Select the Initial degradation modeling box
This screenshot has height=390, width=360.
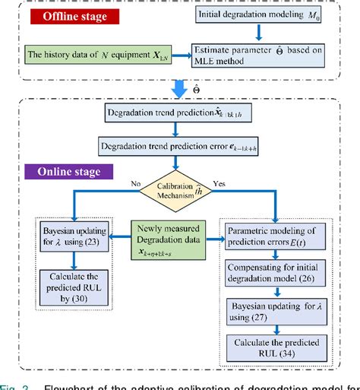coord(260,15)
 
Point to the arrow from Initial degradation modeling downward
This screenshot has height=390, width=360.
coord(259,32)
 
